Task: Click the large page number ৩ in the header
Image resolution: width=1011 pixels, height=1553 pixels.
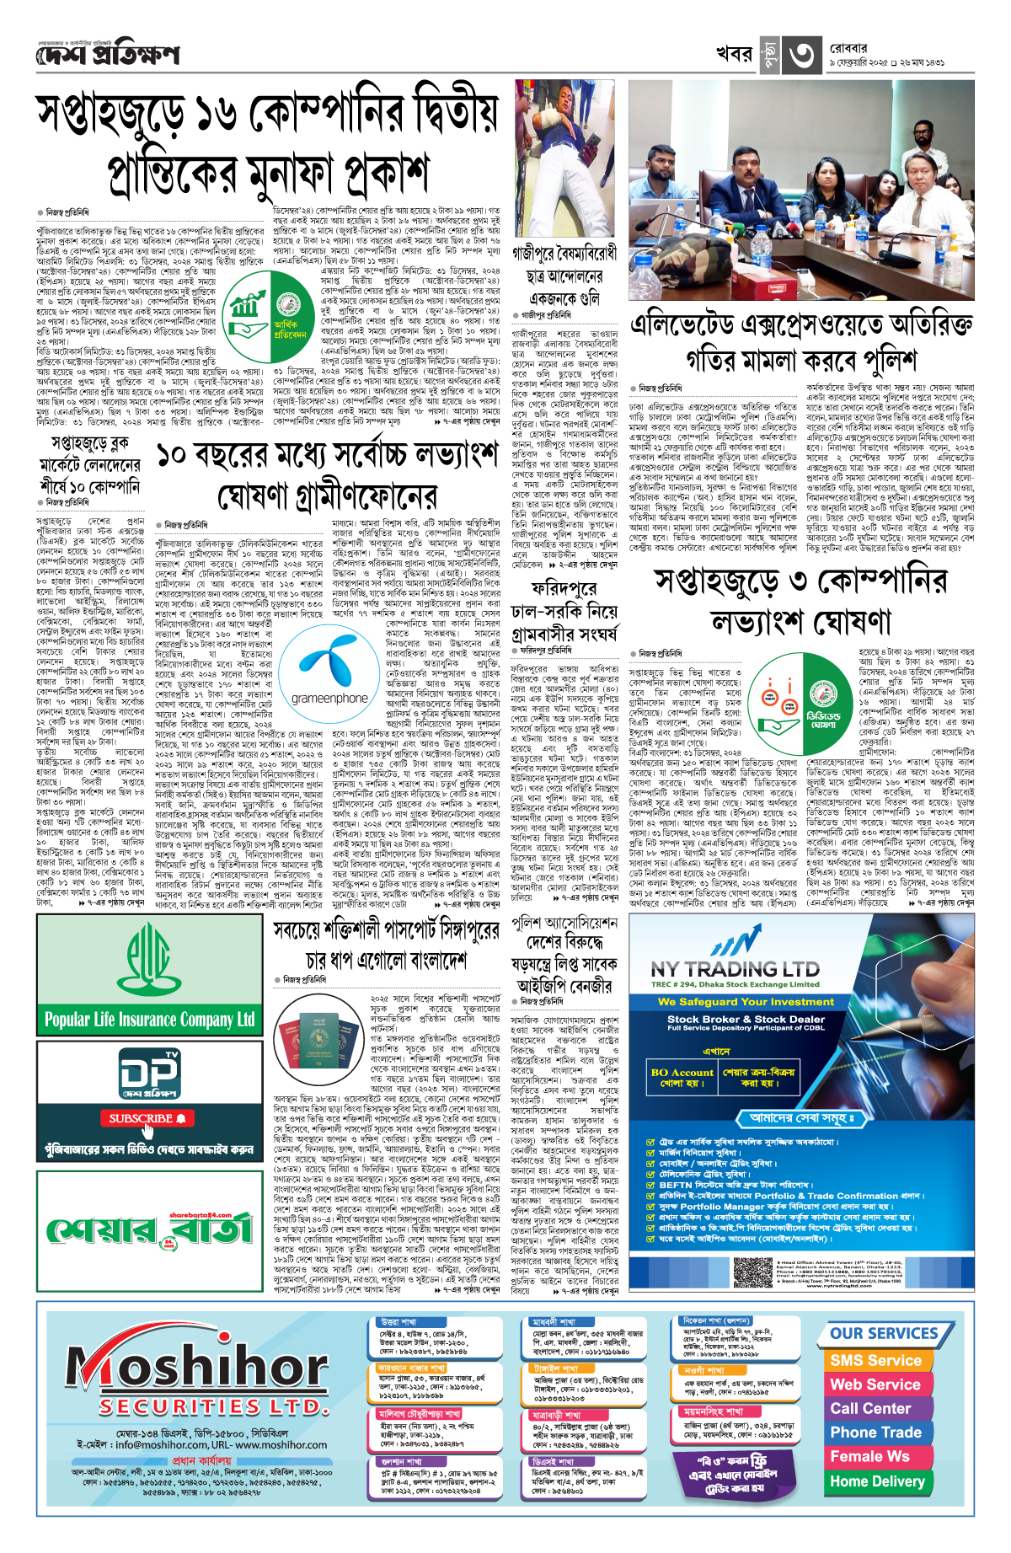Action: click(x=801, y=55)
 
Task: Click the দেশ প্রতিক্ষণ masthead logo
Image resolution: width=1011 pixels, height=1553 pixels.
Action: click(x=108, y=55)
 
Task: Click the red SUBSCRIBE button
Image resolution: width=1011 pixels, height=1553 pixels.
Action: click(x=147, y=1119)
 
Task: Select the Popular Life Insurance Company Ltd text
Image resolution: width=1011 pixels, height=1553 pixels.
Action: click(x=150, y=1020)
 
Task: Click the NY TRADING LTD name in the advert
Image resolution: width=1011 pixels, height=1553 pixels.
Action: click(x=735, y=969)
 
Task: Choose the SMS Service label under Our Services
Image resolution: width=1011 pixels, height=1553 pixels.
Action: click(x=875, y=1361)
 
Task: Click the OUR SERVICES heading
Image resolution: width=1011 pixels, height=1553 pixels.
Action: click(x=884, y=1334)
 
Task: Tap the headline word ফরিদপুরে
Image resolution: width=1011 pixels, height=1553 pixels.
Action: click(x=564, y=587)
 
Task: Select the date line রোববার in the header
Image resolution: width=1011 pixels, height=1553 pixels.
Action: click(x=848, y=49)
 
